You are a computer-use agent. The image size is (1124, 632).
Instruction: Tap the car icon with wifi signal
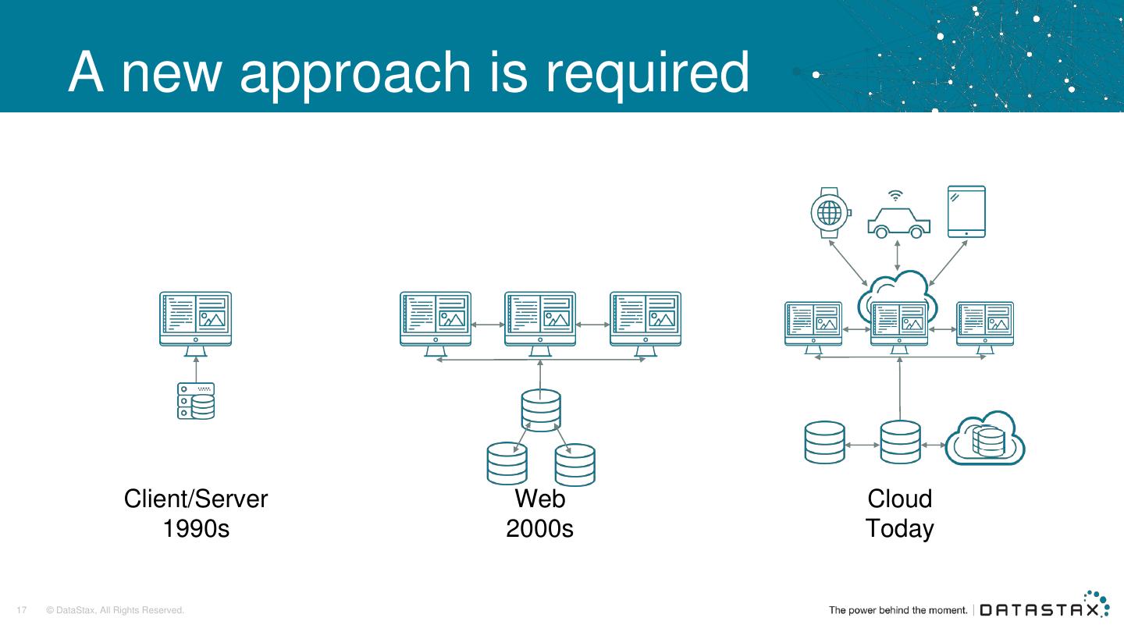pyautogui.click(x=898, y=219)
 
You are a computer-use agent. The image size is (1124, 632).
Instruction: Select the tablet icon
pyautogui.click(x=966, y=211)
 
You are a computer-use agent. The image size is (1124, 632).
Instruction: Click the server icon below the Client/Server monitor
pyautogui.click(x=195, y=401)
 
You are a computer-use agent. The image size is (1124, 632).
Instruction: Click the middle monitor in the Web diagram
pyautogui.click(x=540, y=323)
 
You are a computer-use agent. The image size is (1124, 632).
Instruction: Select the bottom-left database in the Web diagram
pyautogui.click(x=507, y=463)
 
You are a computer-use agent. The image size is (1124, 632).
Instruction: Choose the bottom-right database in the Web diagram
pyautogui.click(x=575, y=465)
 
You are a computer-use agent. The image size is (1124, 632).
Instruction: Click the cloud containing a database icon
pyautogui.click(x=985, y=439)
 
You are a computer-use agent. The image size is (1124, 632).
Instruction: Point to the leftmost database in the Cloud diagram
pyautogui.click(x=824, y=442)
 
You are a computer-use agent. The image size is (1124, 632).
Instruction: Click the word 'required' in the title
pyautogui.click(x=647, y=73)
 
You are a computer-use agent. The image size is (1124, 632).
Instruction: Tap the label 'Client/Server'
pyautogui.click(x=196, y=499)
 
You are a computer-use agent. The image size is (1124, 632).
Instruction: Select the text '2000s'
pyautogui.click(x=539, y=529)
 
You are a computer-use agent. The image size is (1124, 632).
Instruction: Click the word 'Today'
pyautogui.click(x=899, y=529)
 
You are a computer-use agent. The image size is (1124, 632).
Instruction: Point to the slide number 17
pyautogui.click(x=22, y=610)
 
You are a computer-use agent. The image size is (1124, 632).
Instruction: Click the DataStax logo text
pyautogui.click(x=1038, y=609)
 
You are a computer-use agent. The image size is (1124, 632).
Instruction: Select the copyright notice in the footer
pyautogui.click(x=116, y=610)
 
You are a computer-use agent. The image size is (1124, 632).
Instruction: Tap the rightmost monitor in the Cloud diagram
pyautogui.click(x=985, y=325)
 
